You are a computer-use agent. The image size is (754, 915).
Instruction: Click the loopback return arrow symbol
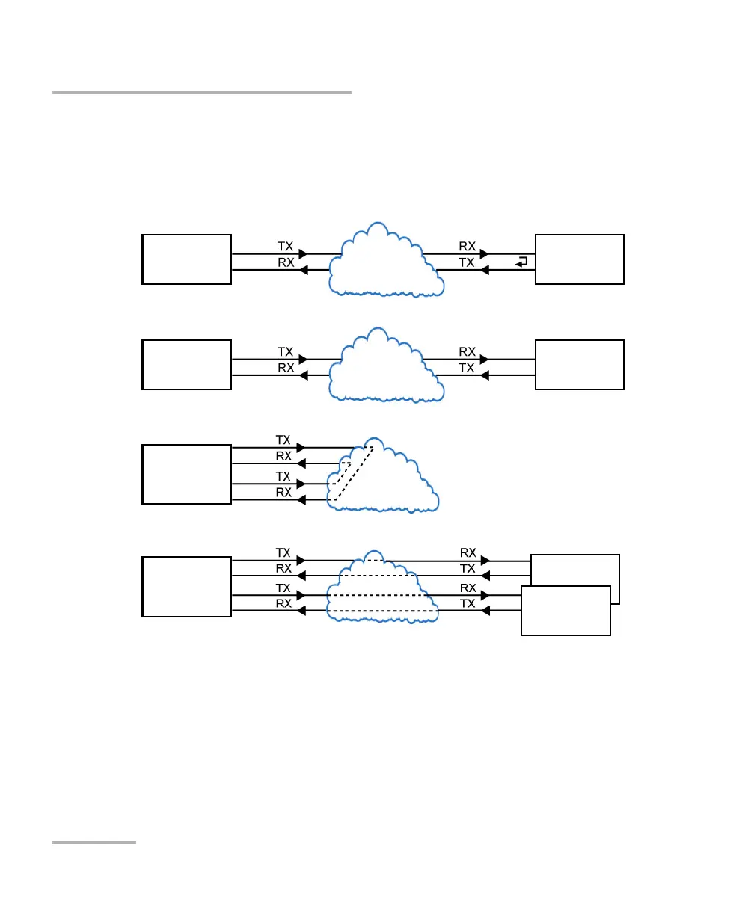(x=521, y=262)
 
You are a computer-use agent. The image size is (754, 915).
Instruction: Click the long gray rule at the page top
(x=201, y=93)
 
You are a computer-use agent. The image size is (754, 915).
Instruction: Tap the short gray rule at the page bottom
(x=94, y=842)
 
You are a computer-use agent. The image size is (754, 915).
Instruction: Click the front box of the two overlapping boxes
(x=565, y=611)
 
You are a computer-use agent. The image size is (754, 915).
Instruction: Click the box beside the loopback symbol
(x=580, y=259)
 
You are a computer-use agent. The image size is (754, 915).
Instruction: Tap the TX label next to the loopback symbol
(x=467, y=262)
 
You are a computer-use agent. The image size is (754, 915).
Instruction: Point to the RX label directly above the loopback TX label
(x=467, y=246)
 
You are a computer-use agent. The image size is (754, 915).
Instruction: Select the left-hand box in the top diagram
(x=186, y=259)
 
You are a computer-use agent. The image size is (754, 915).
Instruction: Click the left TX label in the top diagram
(x=285, y=246)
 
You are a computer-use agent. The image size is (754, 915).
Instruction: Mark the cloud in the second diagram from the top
(x=385, y=366)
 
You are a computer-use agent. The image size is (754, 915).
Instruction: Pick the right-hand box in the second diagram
(x=580, y=364)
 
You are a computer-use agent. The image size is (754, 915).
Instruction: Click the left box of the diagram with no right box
(x=186, y=474)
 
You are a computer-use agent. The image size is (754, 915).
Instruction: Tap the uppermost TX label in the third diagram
(x=283, y=440)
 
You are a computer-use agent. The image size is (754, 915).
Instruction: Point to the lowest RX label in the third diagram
(x=283, y=493)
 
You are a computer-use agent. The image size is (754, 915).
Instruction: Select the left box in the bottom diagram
(x=186, y=586)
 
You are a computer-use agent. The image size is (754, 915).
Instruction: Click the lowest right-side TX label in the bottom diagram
(x=467, y=603)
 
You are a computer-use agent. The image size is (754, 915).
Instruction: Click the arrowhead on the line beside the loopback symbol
(x=484, y=270)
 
